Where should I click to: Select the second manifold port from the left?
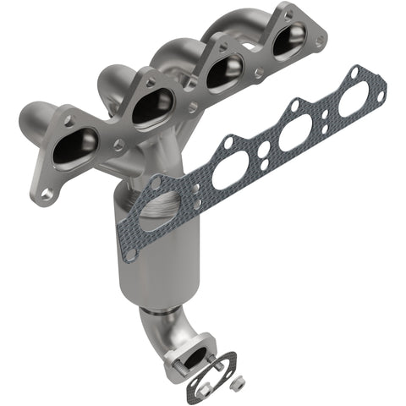click(152, 107)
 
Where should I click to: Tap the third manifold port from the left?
click(224, 74)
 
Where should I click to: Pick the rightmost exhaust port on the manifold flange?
click(289, 42)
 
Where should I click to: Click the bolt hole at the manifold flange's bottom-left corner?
click(47, 193)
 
